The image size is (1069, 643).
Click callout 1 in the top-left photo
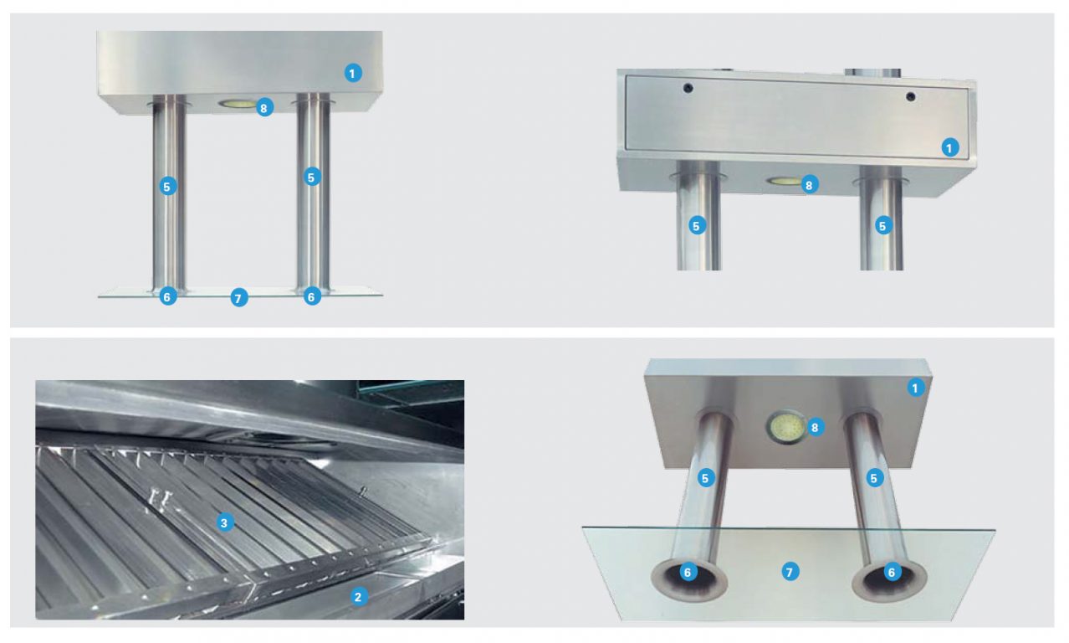(353, 73)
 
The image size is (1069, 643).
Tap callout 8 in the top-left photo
(264, 107)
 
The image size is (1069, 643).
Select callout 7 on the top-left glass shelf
(239, 297)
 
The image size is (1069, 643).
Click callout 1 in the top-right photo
(949, 147)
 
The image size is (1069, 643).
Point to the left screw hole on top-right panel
(688, 88)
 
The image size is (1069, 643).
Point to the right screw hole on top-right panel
(910, 97)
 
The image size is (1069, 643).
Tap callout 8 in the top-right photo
(808, 184)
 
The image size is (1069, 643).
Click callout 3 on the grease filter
(223, 523)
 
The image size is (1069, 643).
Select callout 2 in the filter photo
(357, 597)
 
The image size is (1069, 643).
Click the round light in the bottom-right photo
(784, 428)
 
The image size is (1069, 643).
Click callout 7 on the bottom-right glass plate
(789, 572)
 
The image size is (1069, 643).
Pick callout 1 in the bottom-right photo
(915, 388)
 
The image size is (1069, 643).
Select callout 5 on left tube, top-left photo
(167, 186)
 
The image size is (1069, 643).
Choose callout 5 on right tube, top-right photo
(883, 224)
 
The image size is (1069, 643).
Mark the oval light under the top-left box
(237, 104)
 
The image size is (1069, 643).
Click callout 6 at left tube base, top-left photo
(168, 296)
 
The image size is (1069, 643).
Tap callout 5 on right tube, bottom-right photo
(874, 478)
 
